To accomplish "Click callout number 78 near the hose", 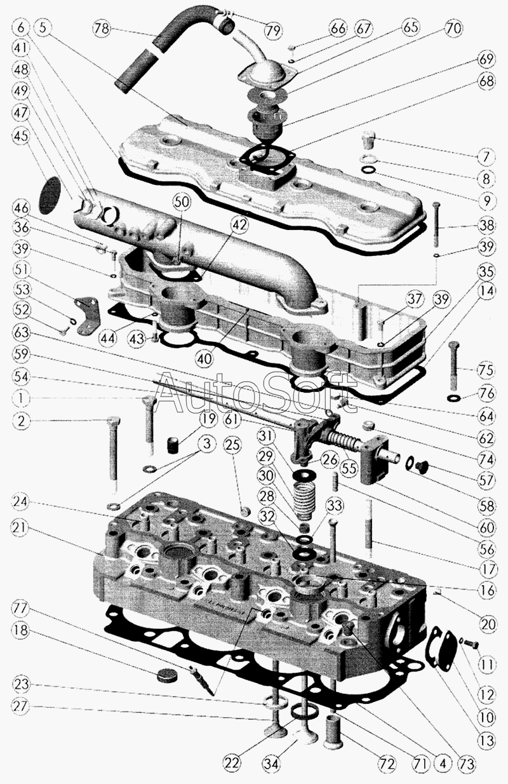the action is [102, 28].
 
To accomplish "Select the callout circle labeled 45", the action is [21, 135].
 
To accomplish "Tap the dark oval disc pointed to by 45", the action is [50, 195].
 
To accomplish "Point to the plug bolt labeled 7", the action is [368, 139].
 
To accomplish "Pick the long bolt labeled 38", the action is [436, 225].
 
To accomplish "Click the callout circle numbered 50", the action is [185, 203].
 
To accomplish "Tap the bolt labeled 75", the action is [454, 366].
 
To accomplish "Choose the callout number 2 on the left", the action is [22, 421].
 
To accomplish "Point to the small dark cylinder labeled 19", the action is [173, 445].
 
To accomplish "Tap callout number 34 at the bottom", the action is [271, 762].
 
